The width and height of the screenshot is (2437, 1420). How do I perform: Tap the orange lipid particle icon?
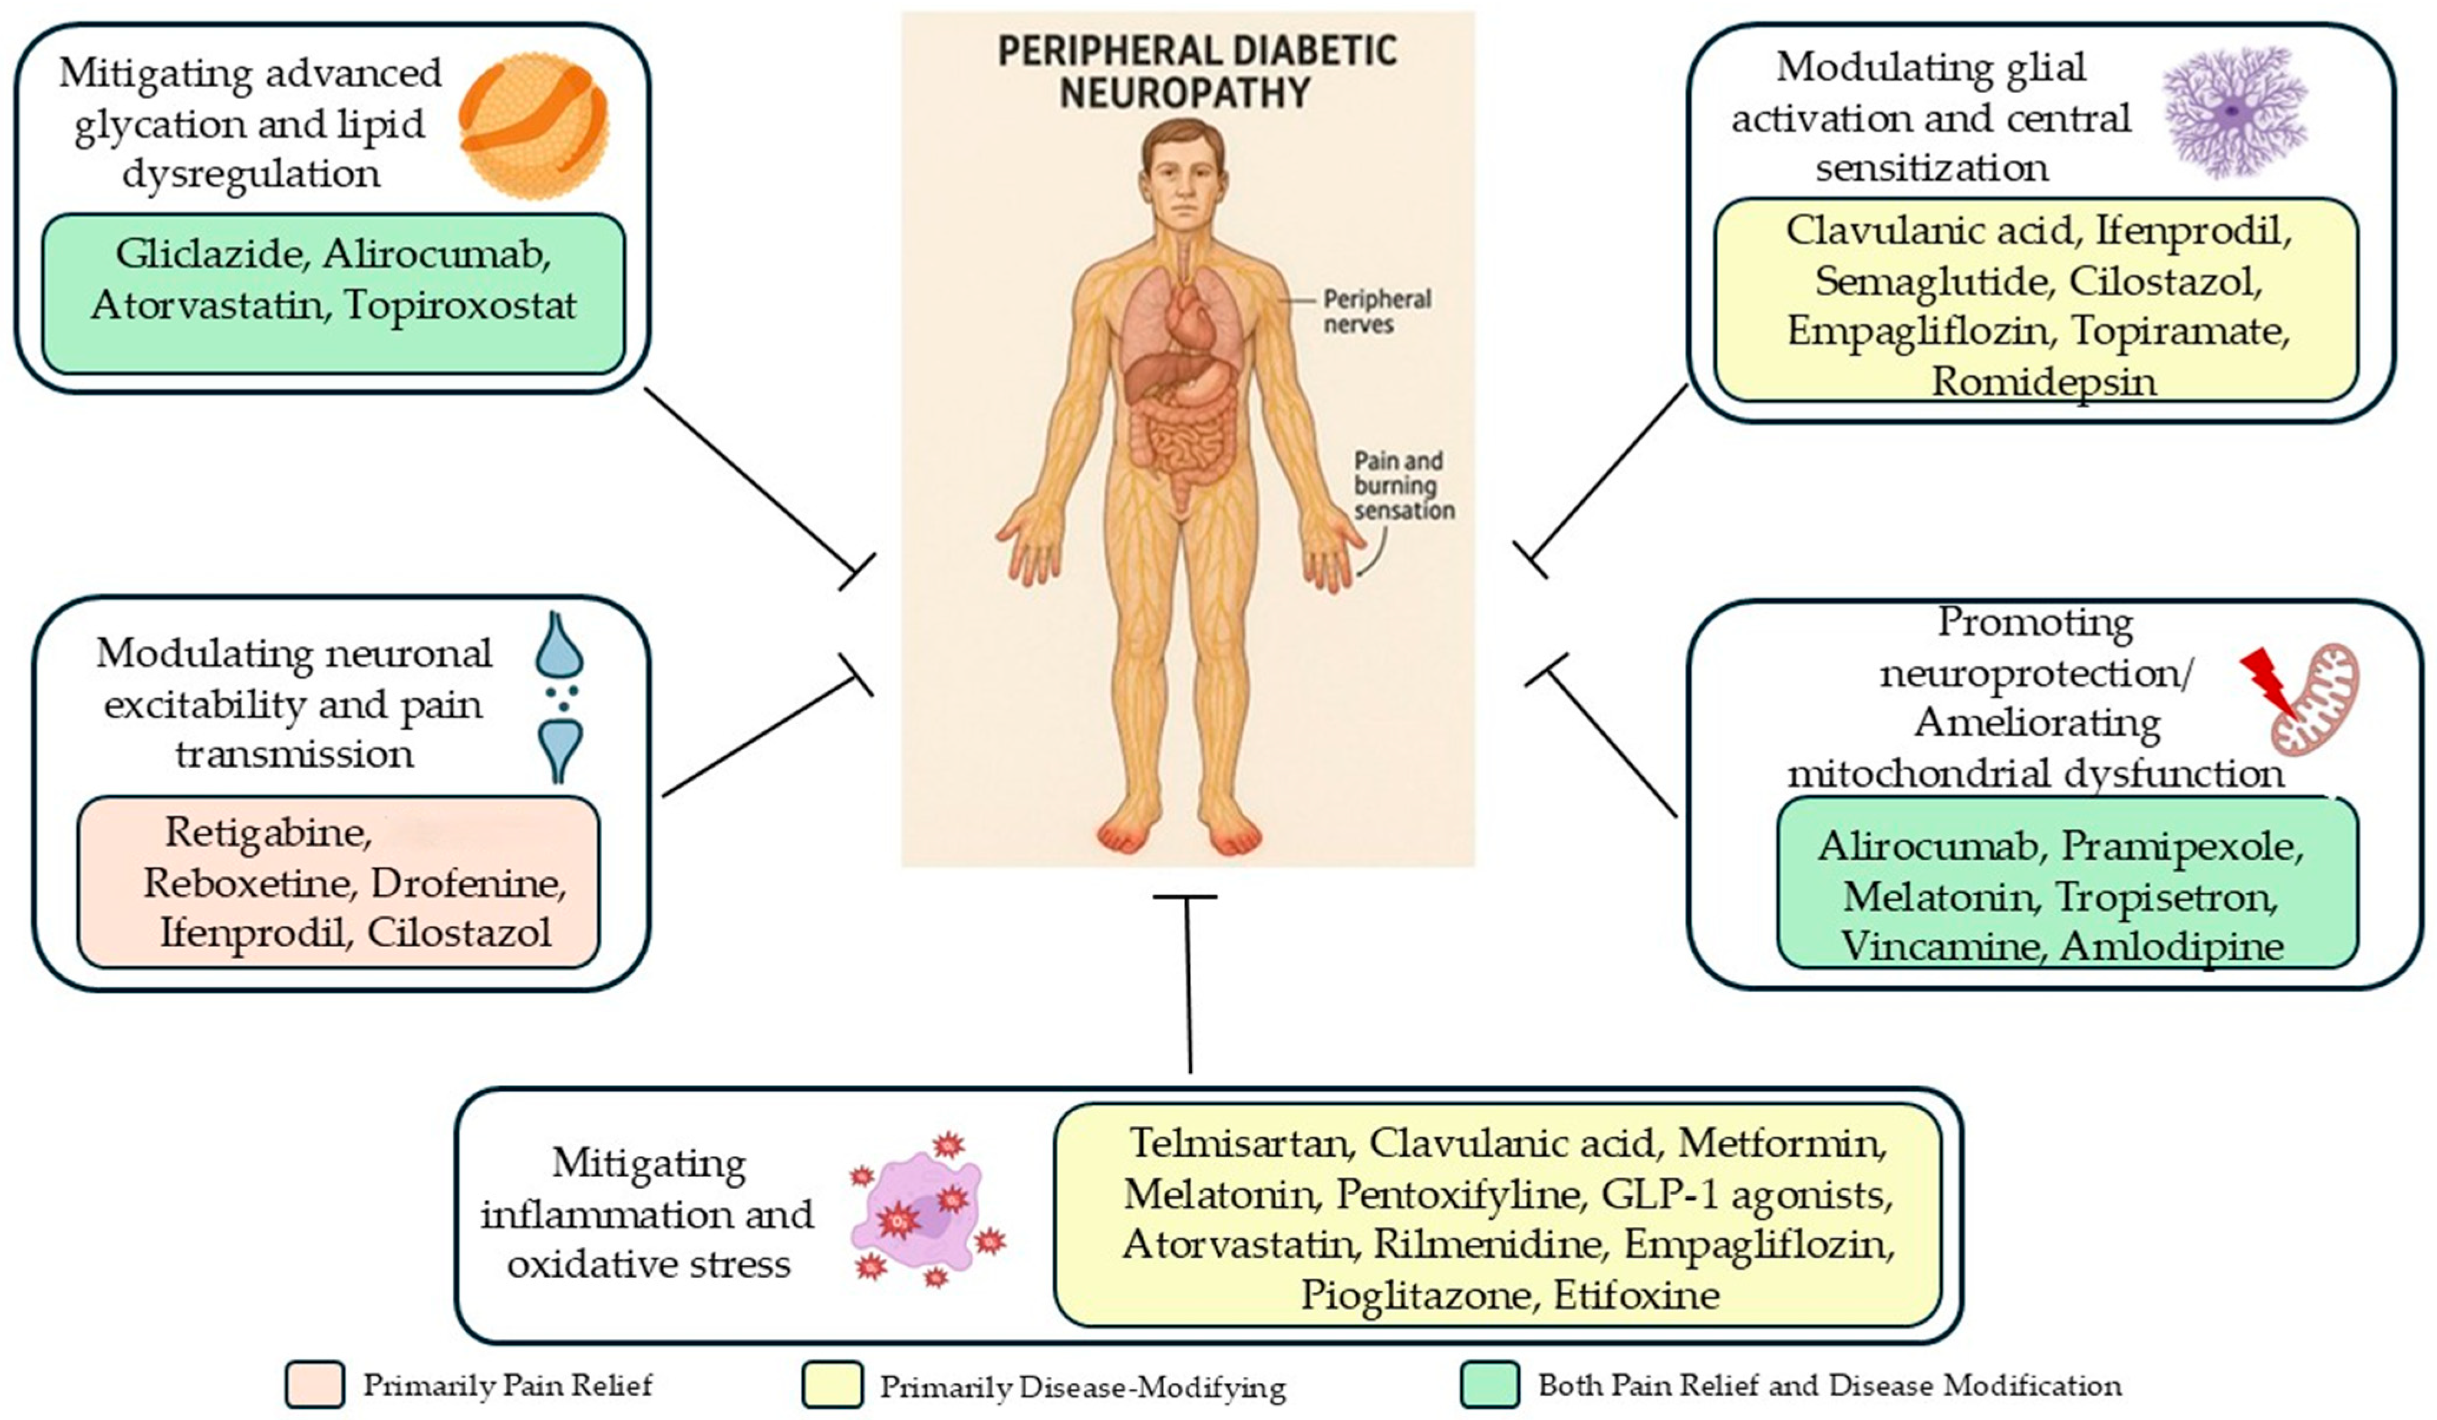[x=534, y=126]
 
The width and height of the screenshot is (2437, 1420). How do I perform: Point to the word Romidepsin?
[x=2043, y=381]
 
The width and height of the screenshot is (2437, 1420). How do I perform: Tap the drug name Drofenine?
[x=468, y=883]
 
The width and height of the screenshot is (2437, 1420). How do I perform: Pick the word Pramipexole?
[x=2182, y=846]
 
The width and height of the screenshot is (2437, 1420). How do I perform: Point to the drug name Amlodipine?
[x=2172, y=946]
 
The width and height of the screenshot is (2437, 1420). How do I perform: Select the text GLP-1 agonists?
[x=1746, y=1195]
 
